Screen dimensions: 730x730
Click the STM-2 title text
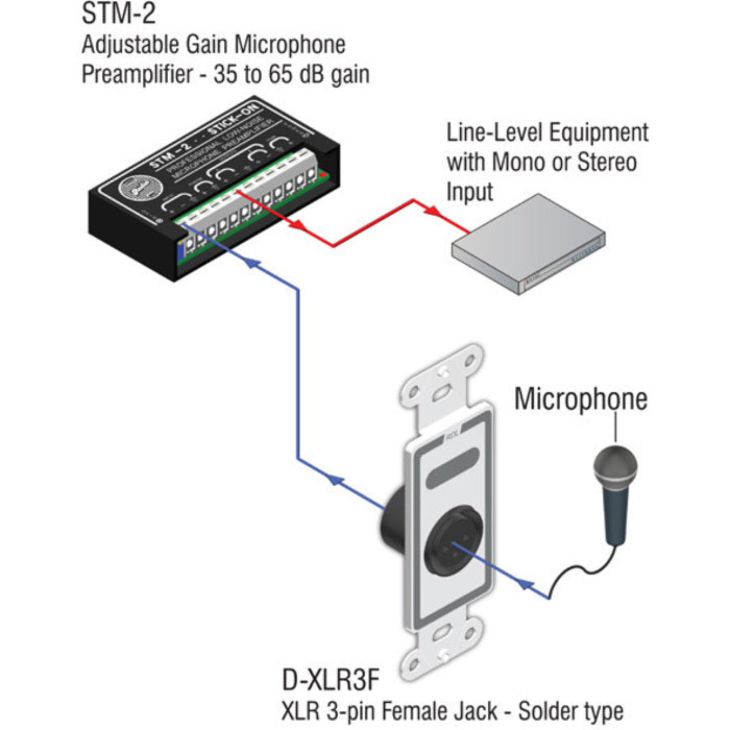[119, 14]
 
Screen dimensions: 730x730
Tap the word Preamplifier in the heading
[137, 74]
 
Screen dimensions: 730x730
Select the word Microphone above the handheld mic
[581, 400]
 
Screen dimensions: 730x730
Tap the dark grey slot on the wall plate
[452, 468]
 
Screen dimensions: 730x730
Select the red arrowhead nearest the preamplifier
[297, 225]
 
